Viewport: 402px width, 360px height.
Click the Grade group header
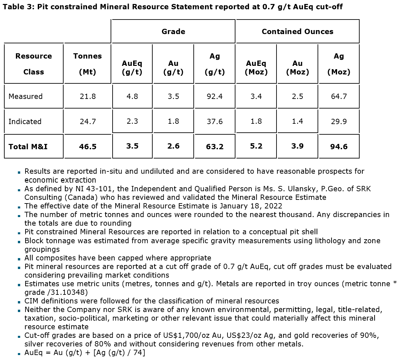[x=173, y=32]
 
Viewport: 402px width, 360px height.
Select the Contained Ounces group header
[x=297, y=32]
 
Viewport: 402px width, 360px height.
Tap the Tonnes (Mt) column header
[x=88, y=64]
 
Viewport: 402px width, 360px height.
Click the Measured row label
[x=25, y=97]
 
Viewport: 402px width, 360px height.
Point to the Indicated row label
[x=25, y=122]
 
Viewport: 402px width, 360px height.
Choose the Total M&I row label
[x=28, y=147]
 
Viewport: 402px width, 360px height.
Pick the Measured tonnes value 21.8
[x=88, y=97]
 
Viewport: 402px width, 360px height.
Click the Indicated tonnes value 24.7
[x=88, y=122]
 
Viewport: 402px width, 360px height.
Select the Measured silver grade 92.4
[x=215, y=97]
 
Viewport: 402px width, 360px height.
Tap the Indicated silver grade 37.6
[x=215, y=122]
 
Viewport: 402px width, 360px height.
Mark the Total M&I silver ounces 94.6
[x=339, y=147]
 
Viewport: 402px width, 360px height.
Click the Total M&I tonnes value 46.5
[x=88, y=147]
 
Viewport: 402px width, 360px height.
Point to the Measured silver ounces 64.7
[x=339, y=97]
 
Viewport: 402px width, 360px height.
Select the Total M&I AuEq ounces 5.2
[x=256, y=146]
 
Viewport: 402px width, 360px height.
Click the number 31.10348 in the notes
[x=67, y=292]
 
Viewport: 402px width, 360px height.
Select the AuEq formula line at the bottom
[x=85, y=353]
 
